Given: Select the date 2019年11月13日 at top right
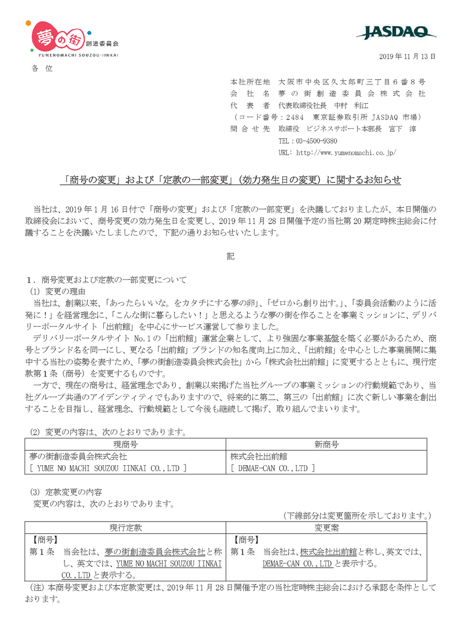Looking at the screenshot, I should tap(408, 56).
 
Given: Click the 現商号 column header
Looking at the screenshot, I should tap(126, 444).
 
